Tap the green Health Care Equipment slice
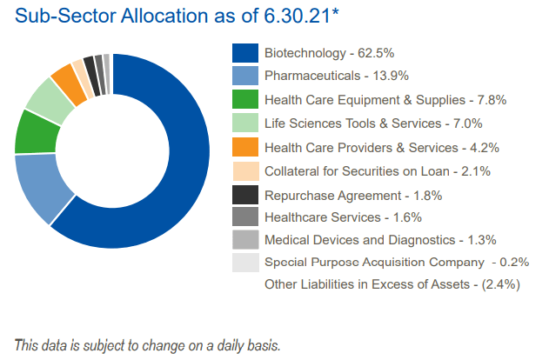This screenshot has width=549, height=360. (30, 132)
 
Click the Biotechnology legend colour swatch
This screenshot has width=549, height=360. (244, 53)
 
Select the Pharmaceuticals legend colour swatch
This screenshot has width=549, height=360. (244, 77)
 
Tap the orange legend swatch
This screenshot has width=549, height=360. (244, 147)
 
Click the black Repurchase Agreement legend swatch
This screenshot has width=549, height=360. (244, 194)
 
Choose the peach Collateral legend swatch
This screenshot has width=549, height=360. (244, 170)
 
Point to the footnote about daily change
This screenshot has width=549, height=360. (147, 344)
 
